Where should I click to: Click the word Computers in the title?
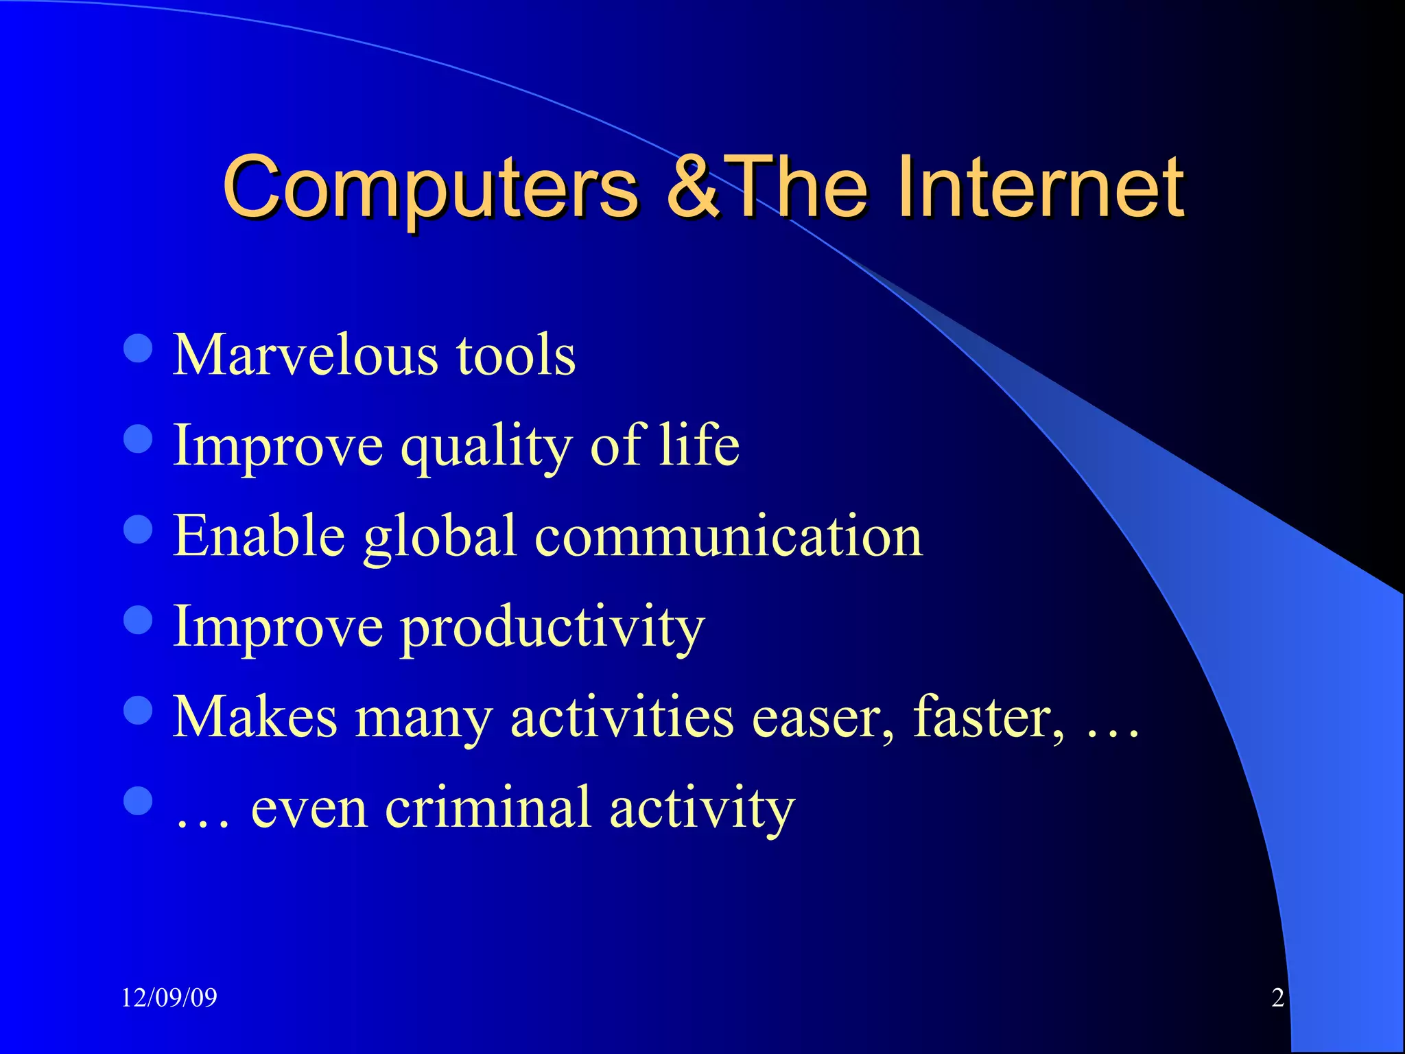coord(431,187)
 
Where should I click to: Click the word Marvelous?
coord(305,355)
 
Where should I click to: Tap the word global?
coord(439,537)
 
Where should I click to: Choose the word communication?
coord(729,536)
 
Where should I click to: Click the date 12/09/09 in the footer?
coord(169,998)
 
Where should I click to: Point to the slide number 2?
coord(1277,998)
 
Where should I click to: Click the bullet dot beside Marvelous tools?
coord(138,348)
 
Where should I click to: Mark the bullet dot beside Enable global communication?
coord(138,529)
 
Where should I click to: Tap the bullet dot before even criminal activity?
coord(138,801)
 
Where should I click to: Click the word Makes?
coord(255,718)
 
